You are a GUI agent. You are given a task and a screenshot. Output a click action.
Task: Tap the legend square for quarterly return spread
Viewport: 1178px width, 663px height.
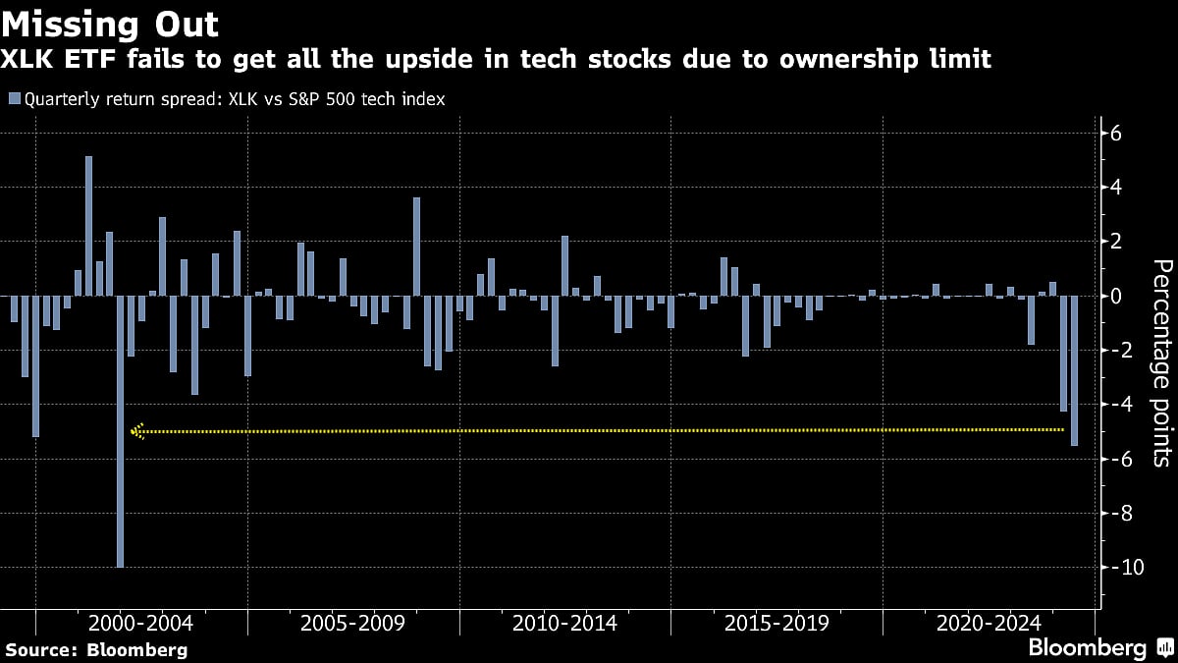(x=14, y=98)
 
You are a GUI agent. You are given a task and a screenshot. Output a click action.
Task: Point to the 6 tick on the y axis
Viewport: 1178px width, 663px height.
(x=1116, y=134)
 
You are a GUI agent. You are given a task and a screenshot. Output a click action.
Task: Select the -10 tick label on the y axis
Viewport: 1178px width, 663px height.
(x=1121, y=568)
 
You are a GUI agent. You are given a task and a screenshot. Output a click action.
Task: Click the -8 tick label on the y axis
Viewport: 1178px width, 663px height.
(x=1121, y=513)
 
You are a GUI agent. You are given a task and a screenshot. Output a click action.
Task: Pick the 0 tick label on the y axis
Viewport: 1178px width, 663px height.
(x=1116, y=296)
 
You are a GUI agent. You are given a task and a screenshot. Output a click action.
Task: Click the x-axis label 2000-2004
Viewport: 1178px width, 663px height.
(x=140, y=624)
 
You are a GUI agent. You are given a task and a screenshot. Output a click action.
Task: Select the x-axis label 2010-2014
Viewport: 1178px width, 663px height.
(x=564, y=624)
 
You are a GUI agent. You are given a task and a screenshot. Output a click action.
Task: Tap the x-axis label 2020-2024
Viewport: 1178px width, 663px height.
(x=989, y=624)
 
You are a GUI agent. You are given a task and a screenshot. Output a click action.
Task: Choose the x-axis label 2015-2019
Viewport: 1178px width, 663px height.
(x=776, y=624)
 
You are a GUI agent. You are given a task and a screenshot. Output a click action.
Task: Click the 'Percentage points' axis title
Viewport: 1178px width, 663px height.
(x=1161, y=361)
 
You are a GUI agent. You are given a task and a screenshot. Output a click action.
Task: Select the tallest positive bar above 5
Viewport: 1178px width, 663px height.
(x=88, y=226)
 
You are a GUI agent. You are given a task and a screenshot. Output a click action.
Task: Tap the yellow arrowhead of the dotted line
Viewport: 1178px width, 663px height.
(x=136, y=430)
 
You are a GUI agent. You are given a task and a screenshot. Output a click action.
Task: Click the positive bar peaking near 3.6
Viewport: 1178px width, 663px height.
(x=416, y=246)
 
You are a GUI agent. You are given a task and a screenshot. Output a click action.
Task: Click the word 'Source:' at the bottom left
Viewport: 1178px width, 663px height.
(x=41, y=649)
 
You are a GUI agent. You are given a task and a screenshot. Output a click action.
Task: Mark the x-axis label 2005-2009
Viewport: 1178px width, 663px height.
(x=352, y=624)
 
